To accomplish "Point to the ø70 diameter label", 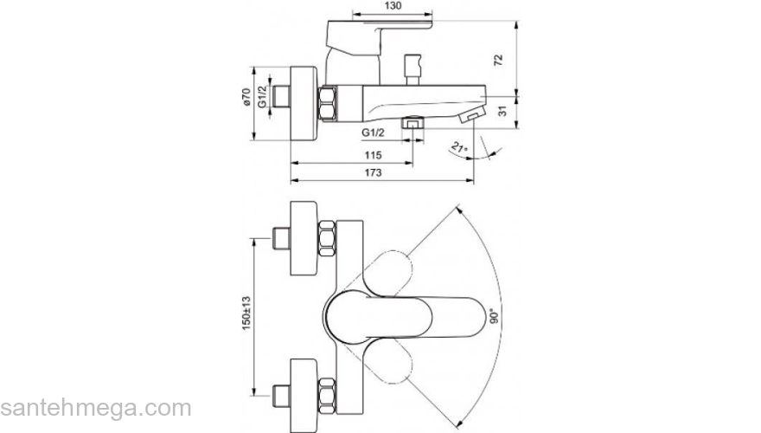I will click(x=246, y=97).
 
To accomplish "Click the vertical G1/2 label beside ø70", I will click(x=261, y=97).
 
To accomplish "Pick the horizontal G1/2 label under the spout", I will click(x=373, y=132).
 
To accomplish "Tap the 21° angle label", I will click(x=459, y=148).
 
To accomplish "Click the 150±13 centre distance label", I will click(x=246, y=308).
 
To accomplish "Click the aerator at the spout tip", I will click(x=474, y=115).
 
